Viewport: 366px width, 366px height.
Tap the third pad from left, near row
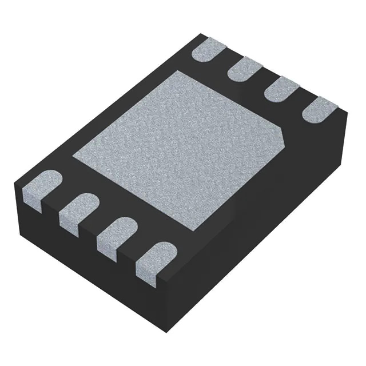click(114, 232)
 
